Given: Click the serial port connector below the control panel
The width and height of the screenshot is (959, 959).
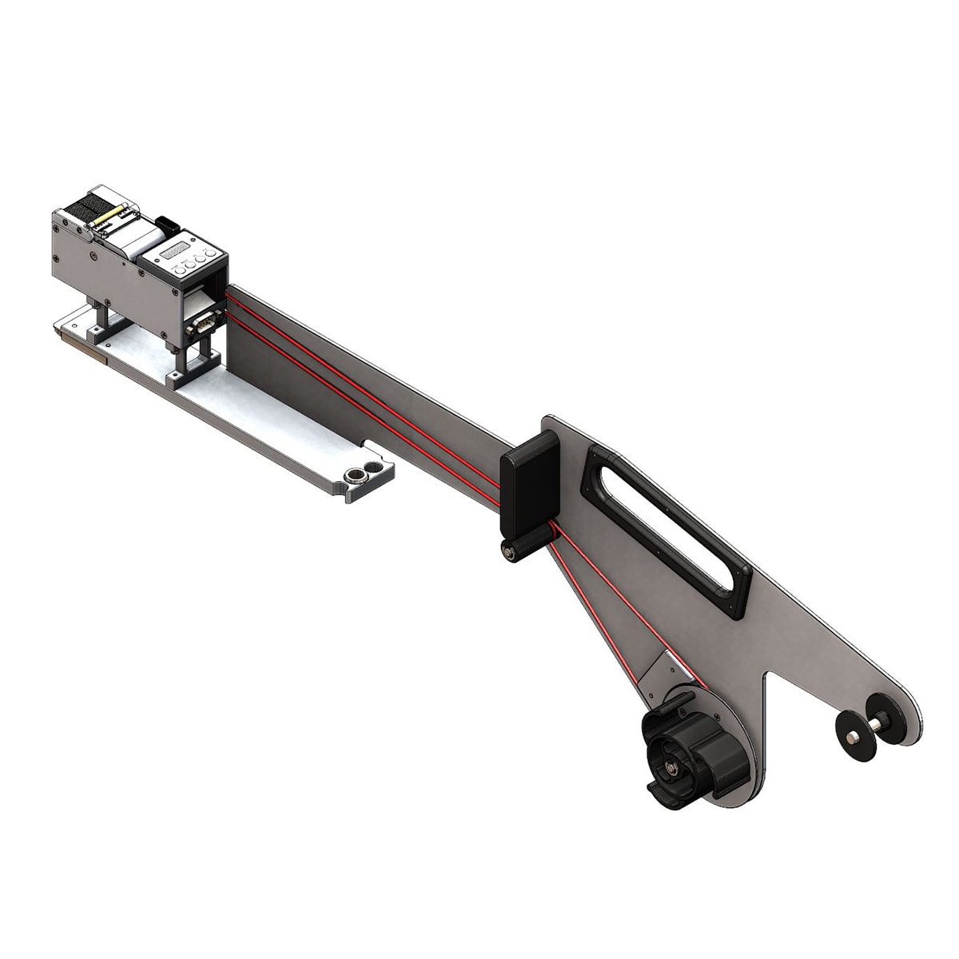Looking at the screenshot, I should pos(201,324).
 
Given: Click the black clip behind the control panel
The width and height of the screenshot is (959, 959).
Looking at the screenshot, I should pos(167,221).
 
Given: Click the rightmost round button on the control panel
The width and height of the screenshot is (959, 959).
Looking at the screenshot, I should pos(212,254).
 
